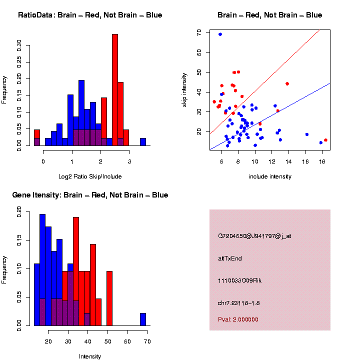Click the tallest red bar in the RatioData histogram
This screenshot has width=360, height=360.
pyautogui.click(x=115, y=90)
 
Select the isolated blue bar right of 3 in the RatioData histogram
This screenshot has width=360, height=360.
pyautogui.click(x=143, y=142)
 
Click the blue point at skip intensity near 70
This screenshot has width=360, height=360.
pyautogui.click(x=220, y=34)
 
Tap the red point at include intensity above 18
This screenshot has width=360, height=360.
pyautogui.click(x=325, y=140)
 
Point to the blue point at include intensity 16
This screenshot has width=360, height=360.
pyautogui.click(x=306, y=134)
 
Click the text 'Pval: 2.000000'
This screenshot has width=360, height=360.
pyautogui.click(x=238, y=319)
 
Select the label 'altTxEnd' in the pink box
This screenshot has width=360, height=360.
pyautogui.click(x=230, y=258)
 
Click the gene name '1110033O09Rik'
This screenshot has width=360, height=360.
pyautogui.click(x=239, y=280)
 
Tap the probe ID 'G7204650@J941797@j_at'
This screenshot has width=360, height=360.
pyautogui.click(x=254, y=236)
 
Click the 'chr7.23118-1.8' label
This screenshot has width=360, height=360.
pyautogui.click(x=238, y=303)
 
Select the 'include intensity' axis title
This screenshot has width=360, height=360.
pyautogui.click(x=270, y=176)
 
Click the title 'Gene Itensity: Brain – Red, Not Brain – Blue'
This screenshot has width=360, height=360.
pyautogui.click(x=90, y=195)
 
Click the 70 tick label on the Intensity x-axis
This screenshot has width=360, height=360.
pyautogui.click(x=147, y=341)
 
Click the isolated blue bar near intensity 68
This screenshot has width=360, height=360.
pyautogui.click(x=143, y=319)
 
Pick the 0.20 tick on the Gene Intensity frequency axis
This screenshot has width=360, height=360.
pyautogui.click(x=20, y=212)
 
